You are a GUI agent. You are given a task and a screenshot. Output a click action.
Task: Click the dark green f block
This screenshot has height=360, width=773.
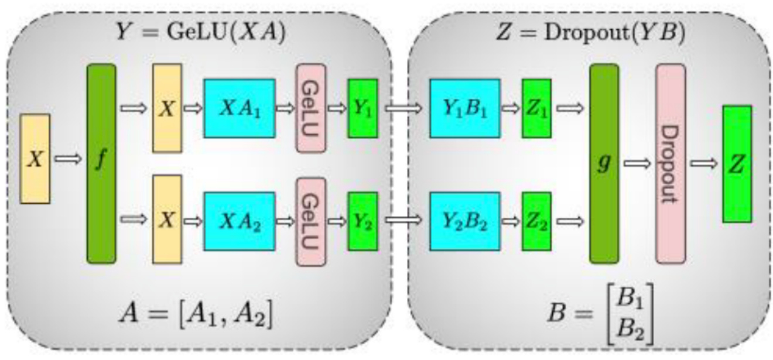101,163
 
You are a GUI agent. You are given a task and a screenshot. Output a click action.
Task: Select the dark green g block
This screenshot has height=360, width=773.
604,163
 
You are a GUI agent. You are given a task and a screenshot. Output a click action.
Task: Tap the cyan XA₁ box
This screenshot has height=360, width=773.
239,108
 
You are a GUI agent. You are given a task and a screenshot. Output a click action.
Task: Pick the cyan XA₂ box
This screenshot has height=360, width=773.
239,221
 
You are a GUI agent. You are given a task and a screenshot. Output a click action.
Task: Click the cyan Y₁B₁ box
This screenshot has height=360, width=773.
464,108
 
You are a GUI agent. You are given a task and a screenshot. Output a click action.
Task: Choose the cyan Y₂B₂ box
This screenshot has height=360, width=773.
464,221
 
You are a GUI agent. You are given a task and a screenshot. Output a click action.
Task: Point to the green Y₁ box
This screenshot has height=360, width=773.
362,108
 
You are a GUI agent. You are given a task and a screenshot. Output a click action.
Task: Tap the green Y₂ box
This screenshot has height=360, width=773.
362,221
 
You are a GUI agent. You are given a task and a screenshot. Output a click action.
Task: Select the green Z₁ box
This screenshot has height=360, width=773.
536,108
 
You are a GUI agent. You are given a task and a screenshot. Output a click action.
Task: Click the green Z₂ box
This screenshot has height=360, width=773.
536,221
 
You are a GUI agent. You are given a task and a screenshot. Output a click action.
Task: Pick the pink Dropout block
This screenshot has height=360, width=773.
670,163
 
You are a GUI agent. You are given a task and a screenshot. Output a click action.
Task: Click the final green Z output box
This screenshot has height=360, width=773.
737,163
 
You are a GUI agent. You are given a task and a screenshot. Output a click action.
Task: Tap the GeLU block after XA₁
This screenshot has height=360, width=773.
310,108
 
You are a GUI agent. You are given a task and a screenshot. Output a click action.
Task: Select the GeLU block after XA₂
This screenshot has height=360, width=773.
310,221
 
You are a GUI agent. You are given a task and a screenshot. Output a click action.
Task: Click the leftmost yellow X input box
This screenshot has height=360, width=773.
35,159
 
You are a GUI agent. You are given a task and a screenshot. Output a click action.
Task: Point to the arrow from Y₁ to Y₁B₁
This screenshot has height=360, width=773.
403,108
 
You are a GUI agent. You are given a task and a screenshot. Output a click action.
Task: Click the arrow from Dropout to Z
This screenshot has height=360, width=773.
704,164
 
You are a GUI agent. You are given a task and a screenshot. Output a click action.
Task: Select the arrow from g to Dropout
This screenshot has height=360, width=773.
637,164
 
